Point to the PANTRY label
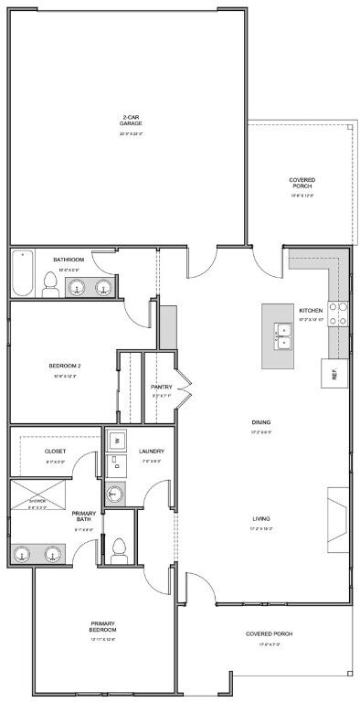click(162, 387)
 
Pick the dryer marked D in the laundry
click(117, 465)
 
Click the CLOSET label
click(55, 451)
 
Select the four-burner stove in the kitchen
click(338, 314)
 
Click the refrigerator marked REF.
click(334, 373)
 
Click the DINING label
click(260, 421)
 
